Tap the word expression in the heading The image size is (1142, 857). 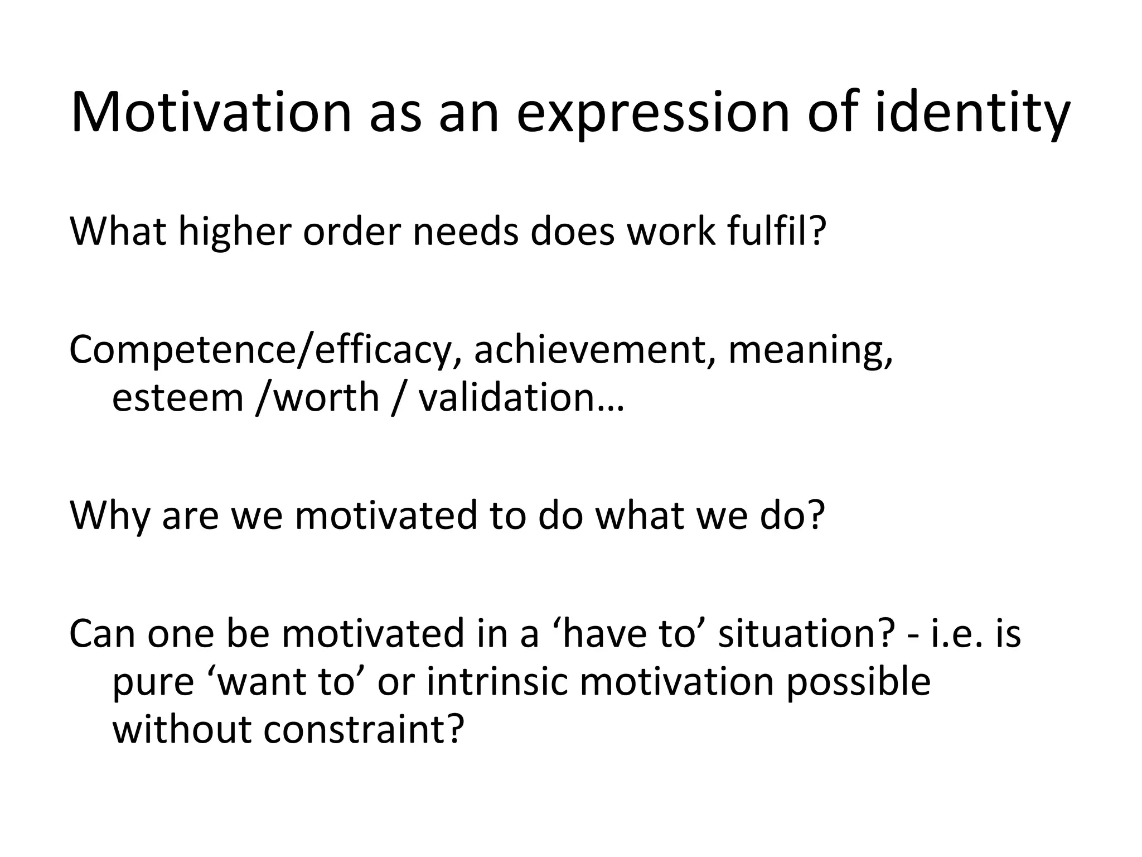pyautogui.click(x=653, y=113)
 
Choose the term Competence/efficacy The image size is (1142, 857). pyautogui.click(x=260, y=350)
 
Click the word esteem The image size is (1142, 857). pyautogui.click(x=178, y=397)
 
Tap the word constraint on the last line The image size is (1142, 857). pyautogui.click(x=363, y=729)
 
